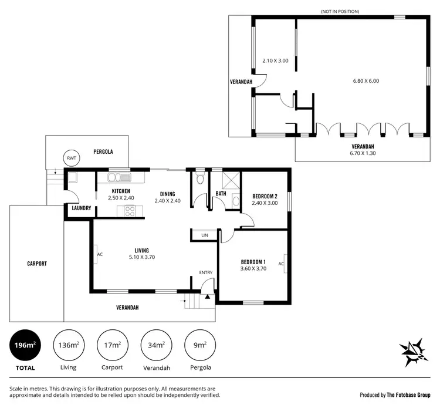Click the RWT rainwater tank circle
(72, 157)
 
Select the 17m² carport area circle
(112, 346)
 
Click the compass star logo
(415, 352)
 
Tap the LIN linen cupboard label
(205, 235)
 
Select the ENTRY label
(206, 272)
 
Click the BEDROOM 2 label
(265, 196)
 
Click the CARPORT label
(36, 264)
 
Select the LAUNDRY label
(81, 208)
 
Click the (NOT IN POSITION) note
(340, 11)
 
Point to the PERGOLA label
(103, 151)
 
